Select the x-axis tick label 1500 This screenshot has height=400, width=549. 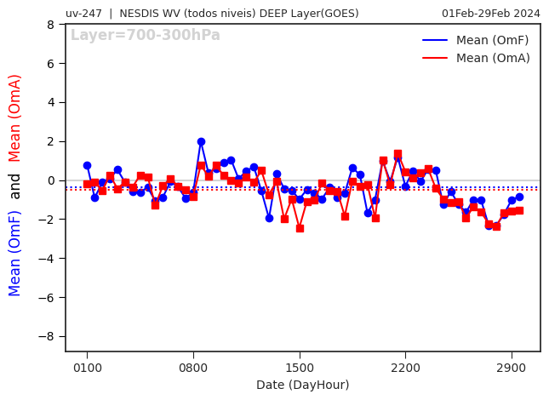[x=300, y=368]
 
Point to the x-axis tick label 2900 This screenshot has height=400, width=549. [x=512, y=368]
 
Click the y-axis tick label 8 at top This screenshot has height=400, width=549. [x=51, y=25]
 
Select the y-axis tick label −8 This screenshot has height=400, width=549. [x=48, y=337]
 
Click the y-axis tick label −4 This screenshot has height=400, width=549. [x=48, y=259]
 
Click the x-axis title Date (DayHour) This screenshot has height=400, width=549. [x=302, y=385]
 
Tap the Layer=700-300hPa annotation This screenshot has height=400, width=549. [x=145, y=36]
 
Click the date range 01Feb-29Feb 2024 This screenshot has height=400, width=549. [x=490, y=13]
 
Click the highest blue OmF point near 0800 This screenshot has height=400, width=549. [x=201, y=141]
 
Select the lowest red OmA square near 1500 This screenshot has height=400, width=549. [x=300, y=228]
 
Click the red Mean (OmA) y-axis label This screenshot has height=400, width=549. [x=15, y=117]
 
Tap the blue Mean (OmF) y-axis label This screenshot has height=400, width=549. [x=15, y=253]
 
